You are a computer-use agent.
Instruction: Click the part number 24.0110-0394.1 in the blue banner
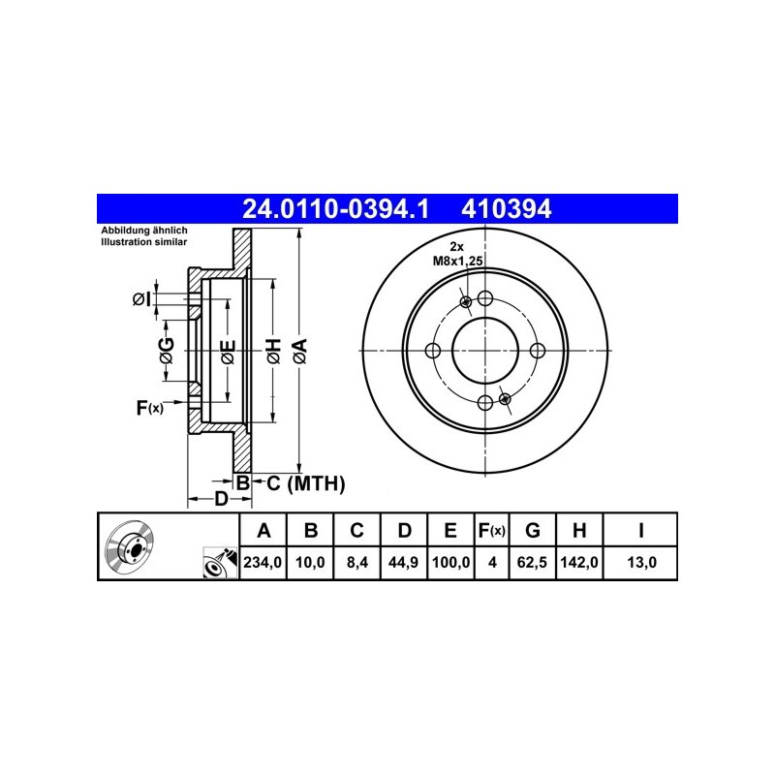pos(335,209)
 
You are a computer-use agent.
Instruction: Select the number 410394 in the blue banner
pos(506,209)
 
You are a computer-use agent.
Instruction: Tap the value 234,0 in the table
pos(263,563)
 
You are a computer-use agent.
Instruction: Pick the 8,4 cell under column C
pos(356,563)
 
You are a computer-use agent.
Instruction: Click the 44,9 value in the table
pos(403,563)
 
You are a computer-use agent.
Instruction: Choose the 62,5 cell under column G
pos(532,563)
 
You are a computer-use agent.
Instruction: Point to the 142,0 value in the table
pos(579,563)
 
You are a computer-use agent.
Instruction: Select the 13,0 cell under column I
pos(641,563)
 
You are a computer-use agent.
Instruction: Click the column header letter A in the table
pos(263,530)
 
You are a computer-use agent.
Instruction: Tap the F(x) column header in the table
pos(491,531)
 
